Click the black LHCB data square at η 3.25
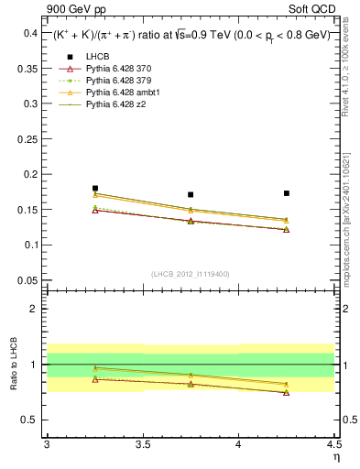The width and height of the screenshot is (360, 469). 95,188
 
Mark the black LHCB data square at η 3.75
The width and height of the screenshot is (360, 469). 191,194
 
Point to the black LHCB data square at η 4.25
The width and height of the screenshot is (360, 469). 287,193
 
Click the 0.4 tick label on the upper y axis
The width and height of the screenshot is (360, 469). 30,33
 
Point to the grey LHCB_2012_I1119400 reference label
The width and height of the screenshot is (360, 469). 191,273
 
